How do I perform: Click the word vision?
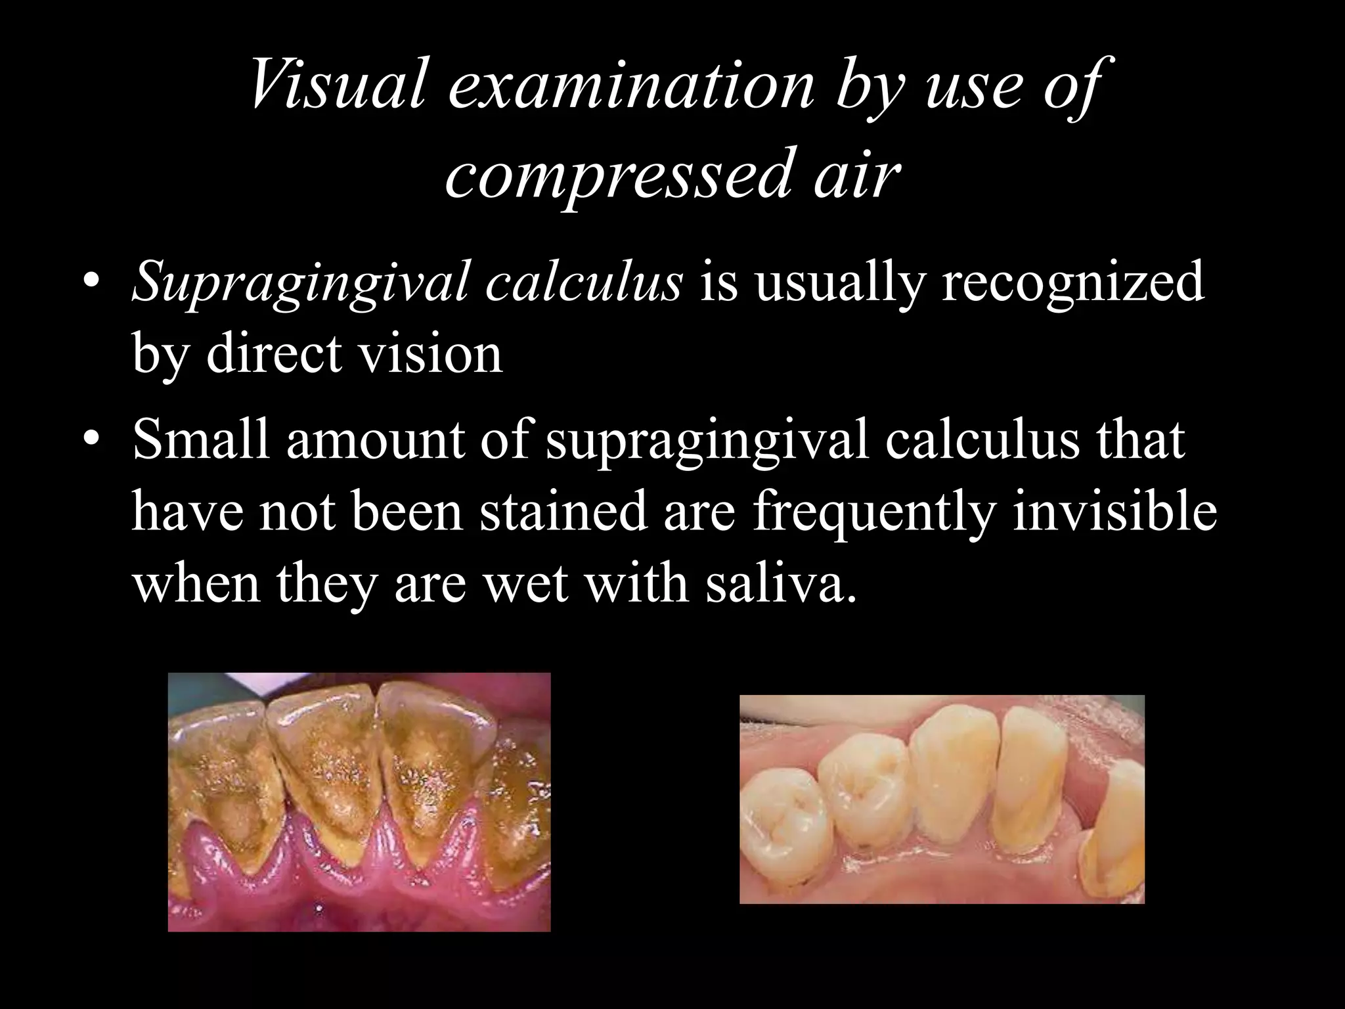(x=433, y=354)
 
